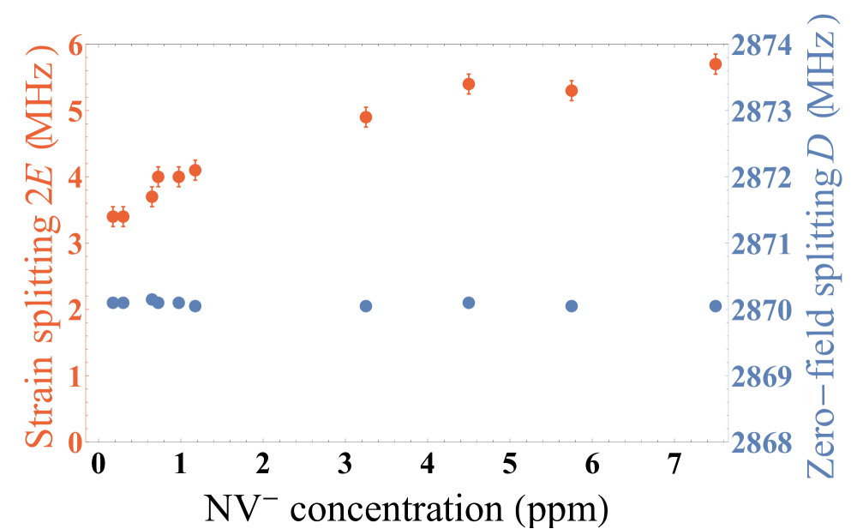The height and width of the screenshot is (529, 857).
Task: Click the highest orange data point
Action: (x=716, y=64)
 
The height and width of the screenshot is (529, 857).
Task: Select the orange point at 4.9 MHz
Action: (x=366, y=117)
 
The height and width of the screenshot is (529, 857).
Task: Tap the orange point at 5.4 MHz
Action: (x=469, y=84)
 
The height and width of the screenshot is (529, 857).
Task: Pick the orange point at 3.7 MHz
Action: (x=153, y=197)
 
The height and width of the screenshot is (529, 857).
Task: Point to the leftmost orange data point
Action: (x=113, y=217)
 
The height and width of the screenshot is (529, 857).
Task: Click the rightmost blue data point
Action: (x=716, y=306)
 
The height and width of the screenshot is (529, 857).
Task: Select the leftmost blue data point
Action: (x=113, y=303)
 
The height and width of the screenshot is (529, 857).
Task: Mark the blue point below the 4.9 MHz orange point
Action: (x=366, y=306)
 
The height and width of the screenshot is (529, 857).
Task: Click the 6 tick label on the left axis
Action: (x=75, y=45)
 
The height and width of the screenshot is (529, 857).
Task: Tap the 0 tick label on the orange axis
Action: (x=75, y=442)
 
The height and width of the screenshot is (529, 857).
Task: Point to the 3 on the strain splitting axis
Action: (x=75, y=244)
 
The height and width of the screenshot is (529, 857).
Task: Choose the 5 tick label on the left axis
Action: (x=75, y=111)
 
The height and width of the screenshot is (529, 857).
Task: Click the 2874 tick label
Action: (x=762, y=45)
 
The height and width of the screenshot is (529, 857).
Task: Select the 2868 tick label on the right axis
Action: (x=762, y=442)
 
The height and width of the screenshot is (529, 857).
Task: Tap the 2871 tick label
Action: (x=762, y=244)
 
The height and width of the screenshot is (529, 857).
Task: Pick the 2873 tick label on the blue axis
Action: (x=762, y=111)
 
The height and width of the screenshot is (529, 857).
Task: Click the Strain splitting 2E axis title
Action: (x=39, y=244)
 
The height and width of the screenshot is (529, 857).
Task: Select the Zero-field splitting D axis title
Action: (x=823, y=257)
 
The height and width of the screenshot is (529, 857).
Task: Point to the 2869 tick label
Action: (x=762, y=376)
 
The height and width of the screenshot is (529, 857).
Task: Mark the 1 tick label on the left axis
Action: (x=75, y=376)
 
